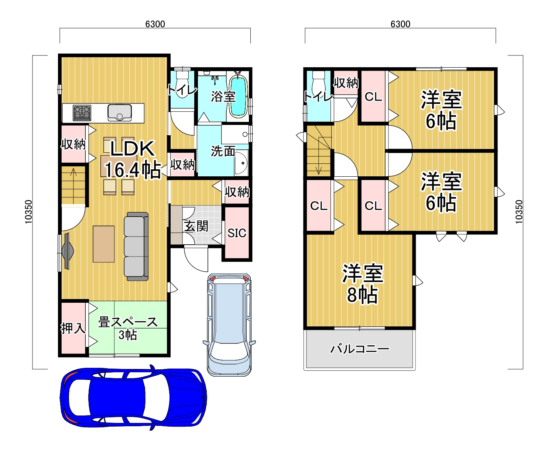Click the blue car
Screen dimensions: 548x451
point(133,397)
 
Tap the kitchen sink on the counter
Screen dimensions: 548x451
point(120,113)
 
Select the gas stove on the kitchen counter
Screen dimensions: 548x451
point(82,113)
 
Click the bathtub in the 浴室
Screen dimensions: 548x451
point(238,96)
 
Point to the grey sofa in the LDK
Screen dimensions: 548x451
point(136,246)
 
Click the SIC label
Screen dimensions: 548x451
point(237,233)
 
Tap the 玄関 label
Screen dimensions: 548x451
point(196,226)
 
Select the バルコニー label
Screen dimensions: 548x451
point(360,349)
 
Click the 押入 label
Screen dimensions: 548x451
point(73,328)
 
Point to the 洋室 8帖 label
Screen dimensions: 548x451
point(363,284)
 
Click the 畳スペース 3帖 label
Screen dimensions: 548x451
point(128,329)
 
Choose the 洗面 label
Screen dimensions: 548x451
point(223,151)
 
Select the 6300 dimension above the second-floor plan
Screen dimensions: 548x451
point(400,24)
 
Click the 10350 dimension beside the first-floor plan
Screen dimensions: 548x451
point(28,211)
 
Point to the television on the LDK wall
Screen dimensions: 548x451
point(68,251)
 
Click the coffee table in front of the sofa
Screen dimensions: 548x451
point(104,244)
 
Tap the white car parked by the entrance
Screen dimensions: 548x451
point(229,325)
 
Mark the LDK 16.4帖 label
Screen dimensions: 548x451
point(133,159)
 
